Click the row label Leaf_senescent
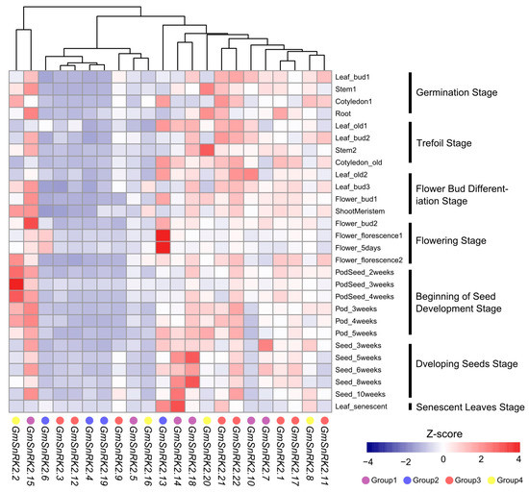coord(361,406)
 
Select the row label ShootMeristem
coord(360,211)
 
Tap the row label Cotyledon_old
coord(359,162)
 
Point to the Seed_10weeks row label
coord(361,394)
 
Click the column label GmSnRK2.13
coord(163,455)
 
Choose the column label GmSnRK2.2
coord(15,453)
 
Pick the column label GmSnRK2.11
coord(324,455)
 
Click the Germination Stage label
coord(457,92)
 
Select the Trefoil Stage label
coord(443,143)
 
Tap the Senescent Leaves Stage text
coord(470,407)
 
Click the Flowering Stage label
coord(451,240)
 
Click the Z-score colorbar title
coord(444,434)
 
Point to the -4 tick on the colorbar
coord(367,461)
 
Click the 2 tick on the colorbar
coord(481,459)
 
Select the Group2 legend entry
coord(421,480)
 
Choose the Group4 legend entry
coord(505,480)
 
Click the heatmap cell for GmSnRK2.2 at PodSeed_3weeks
coord(15,284)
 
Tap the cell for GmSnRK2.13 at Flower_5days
coord(163,248)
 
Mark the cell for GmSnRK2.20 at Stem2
coord(207,150)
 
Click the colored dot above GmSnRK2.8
coord(310,420)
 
